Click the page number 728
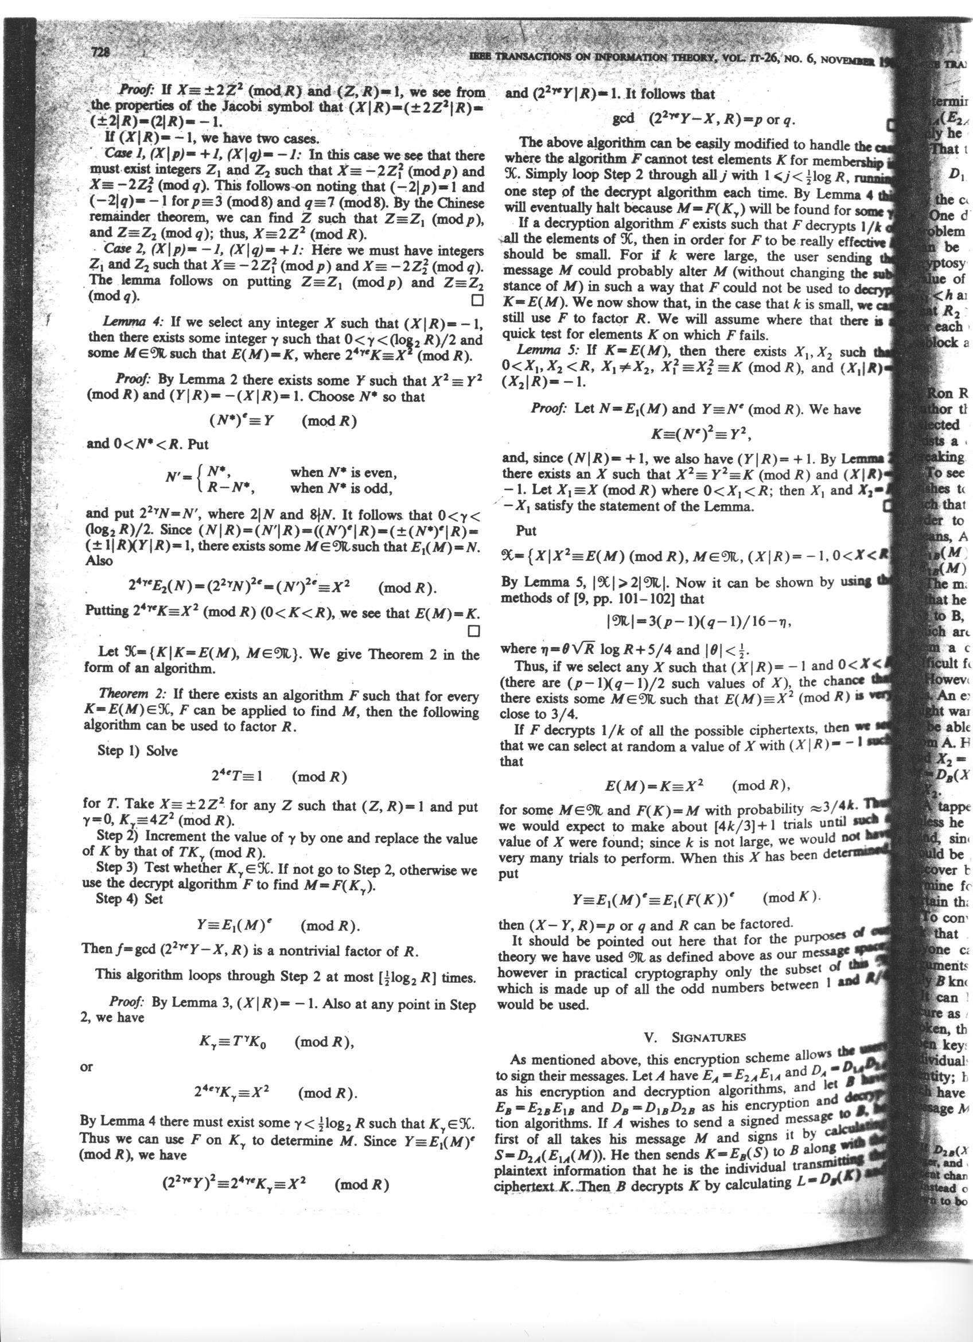point(102,52)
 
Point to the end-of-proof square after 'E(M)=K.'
point(473,631)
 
